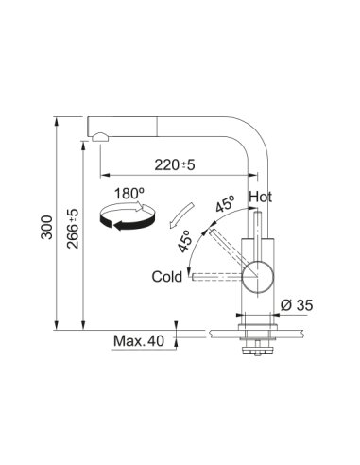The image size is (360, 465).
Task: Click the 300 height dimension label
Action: coord(47,227)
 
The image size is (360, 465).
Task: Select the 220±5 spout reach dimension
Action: coord(175,164)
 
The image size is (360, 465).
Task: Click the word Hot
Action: coord(260,197)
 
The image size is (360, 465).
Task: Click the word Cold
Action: coord(167,277)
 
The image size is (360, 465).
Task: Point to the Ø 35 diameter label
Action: coord(297,305)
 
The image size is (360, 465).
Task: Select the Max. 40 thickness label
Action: coord(139,341)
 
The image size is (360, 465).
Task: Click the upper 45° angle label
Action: coord(226,204)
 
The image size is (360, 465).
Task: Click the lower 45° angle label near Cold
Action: coord(185,241)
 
